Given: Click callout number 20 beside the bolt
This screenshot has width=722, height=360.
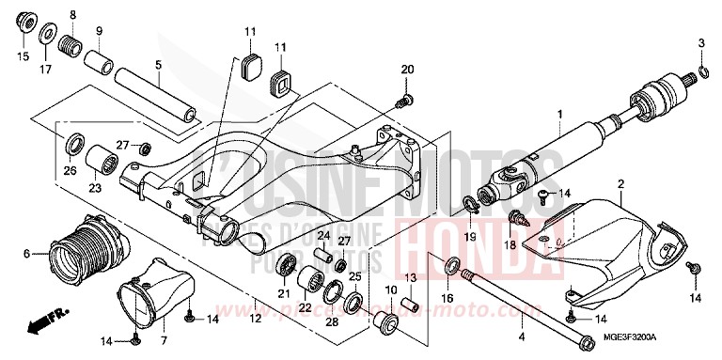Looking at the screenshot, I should point(407,70).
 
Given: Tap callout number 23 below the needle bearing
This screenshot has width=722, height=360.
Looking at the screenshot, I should point(95,186).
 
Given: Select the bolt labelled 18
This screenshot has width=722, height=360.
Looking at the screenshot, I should point(517,219).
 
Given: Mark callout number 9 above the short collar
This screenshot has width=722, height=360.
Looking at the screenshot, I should point(98,32).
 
